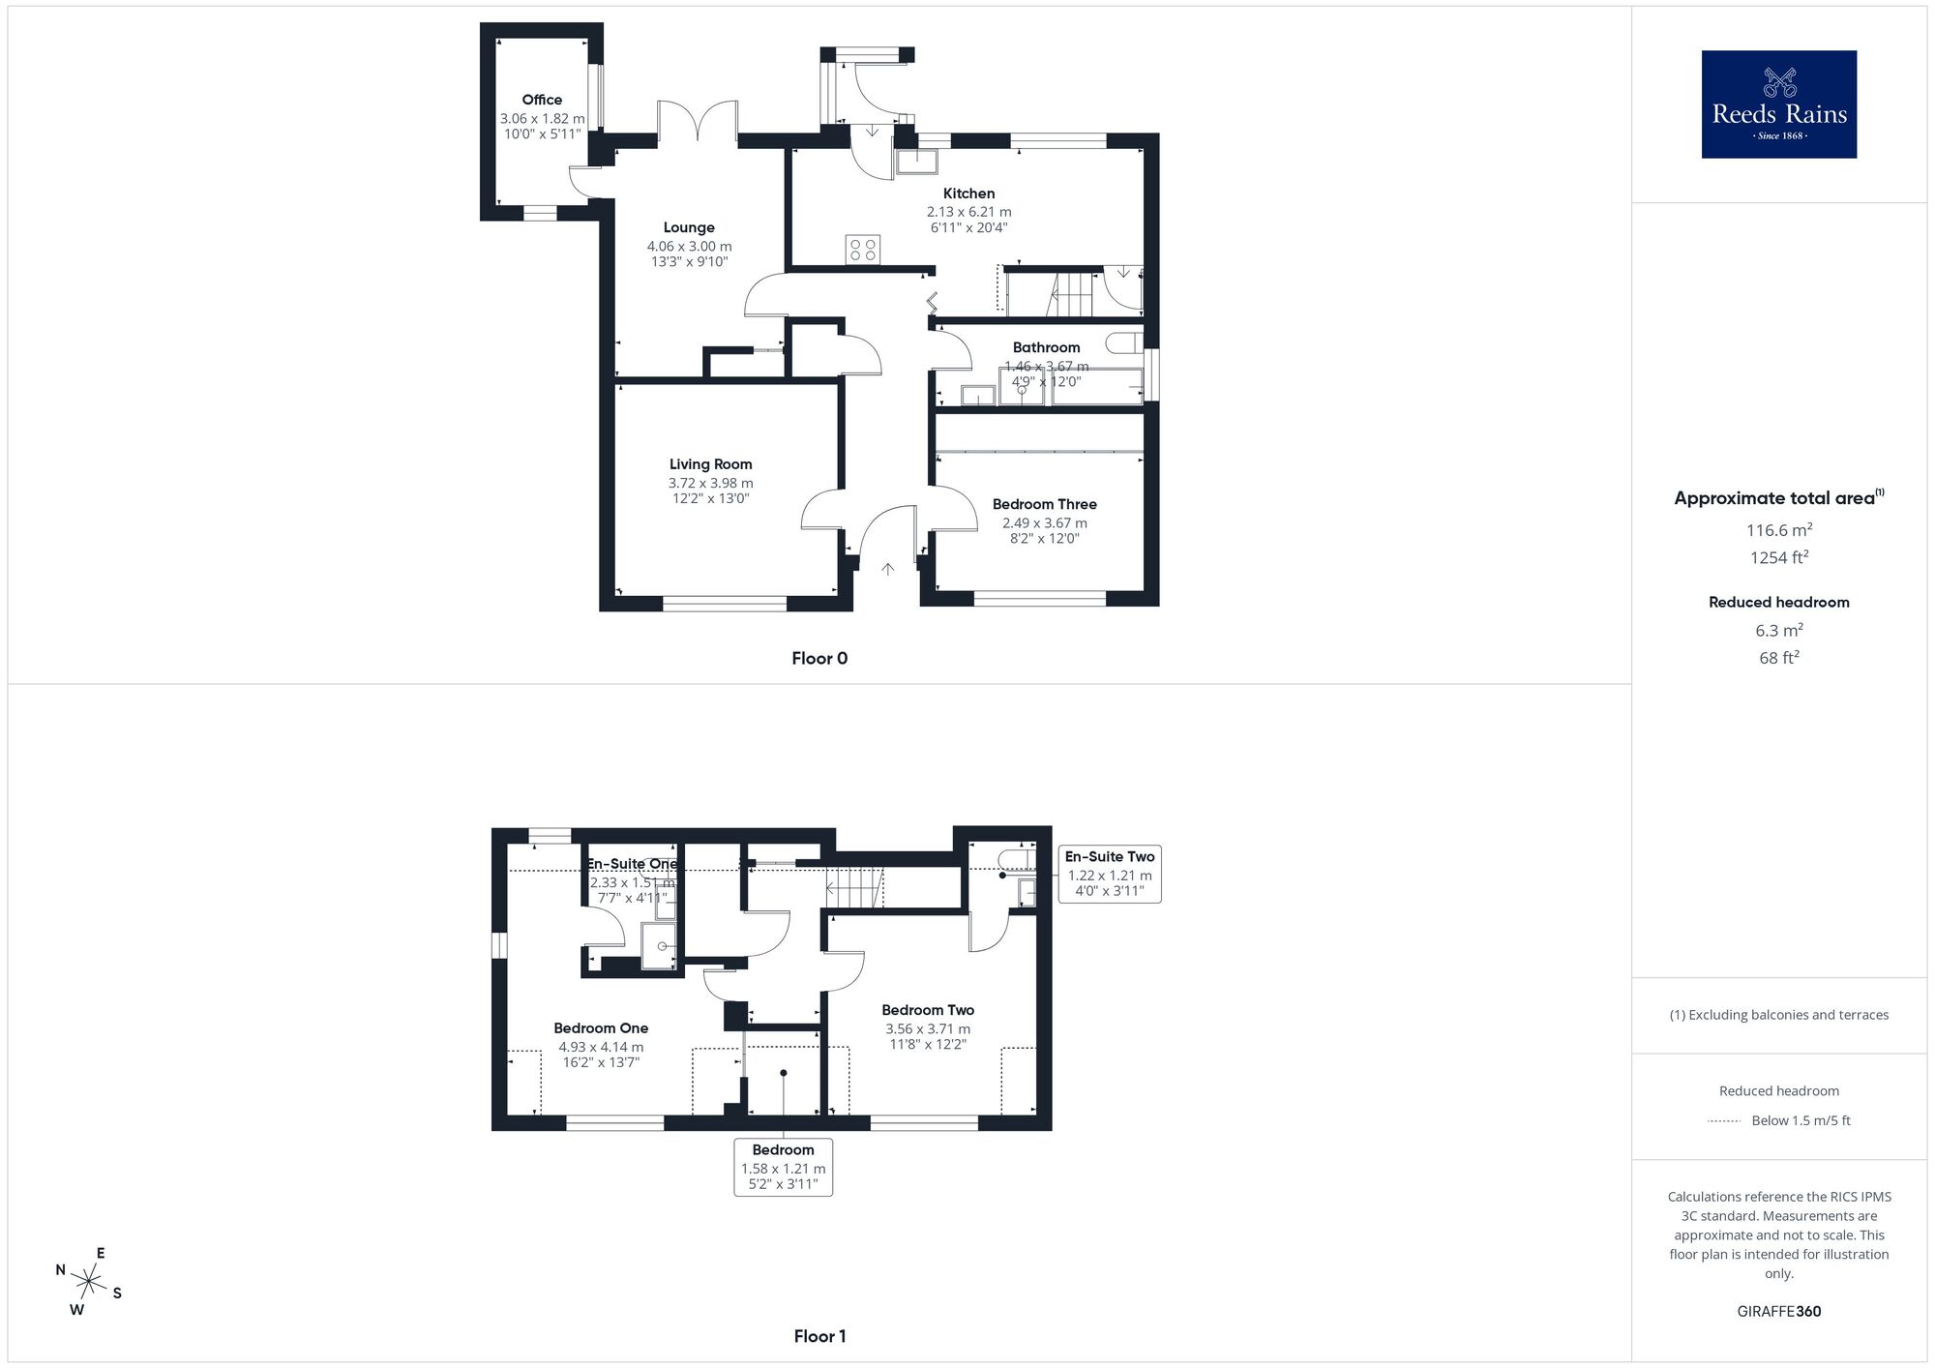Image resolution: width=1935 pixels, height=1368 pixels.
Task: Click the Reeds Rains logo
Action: [x=1778, y=104]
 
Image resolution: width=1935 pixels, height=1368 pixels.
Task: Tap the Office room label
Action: [x=542, y=100]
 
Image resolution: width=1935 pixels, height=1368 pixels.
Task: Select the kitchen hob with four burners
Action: [x=862, y=250]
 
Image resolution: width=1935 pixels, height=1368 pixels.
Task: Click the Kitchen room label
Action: [x=968, y=193]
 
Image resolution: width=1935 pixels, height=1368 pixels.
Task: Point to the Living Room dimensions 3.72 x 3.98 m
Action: [x=710, y=483]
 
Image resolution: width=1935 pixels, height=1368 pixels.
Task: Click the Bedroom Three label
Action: [x=1044, y=504]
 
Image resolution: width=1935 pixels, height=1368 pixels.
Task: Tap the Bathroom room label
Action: [x=1046, y=347]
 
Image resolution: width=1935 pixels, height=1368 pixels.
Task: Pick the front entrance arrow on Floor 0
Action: [x=887, y=569]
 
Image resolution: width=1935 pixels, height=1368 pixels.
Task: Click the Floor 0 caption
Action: [x=819, y=659]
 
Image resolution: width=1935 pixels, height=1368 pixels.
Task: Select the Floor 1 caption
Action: [x=819, y=1336]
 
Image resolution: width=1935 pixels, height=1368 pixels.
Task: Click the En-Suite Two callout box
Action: [x=1110, y=874]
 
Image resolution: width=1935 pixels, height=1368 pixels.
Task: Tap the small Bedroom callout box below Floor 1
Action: [x=783, y=1167]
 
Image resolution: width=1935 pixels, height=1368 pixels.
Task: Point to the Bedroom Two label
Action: [x=928, y=1010]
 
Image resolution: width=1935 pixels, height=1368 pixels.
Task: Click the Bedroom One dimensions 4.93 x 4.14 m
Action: [x=600, y=1047]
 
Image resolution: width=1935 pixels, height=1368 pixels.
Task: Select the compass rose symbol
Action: [x=89, y=1283]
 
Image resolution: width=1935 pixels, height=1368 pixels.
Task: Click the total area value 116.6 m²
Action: [x=1778, y=530]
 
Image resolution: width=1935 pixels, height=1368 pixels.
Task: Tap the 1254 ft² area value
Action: [x=1778, y=557]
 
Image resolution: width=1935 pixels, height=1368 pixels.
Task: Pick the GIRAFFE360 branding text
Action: [x=1778, y=1312]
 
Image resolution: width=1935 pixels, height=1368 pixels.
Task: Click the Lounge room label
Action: [x=689, y=228]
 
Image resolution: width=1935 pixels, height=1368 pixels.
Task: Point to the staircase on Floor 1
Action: [x=855, y=887]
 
